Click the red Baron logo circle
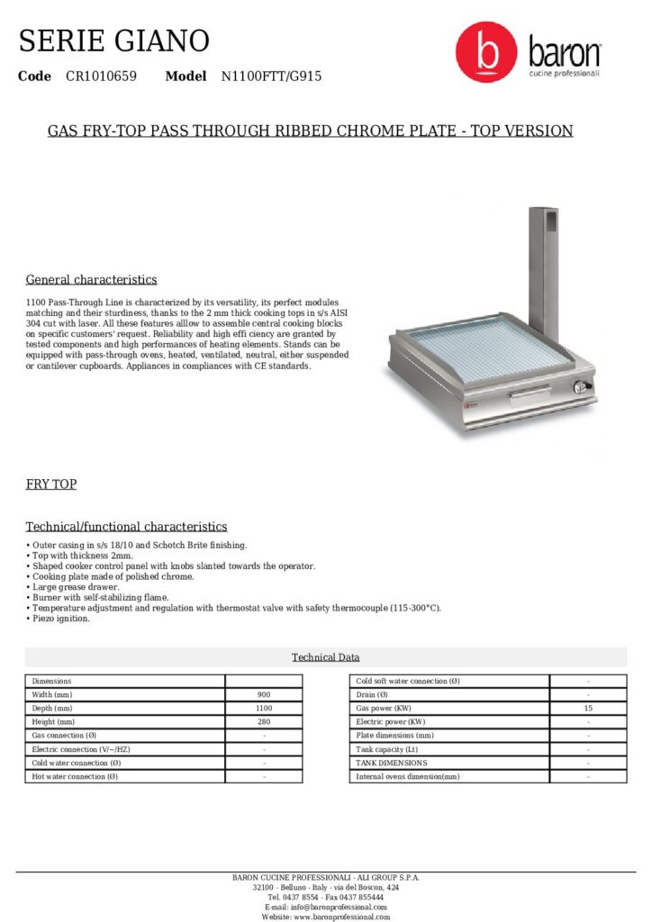[x=486, y=53]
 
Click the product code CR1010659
[x=101, y=77]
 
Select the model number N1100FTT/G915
[x=271, y=77]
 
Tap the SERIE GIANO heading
[x=114, y=41]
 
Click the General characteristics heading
[x=91, y=279]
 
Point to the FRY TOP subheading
[x=51, y=484]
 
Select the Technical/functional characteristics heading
[x=126, y=526]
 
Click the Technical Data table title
[x=325, y=657]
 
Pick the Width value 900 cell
[x=264, y=695]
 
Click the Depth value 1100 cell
[x=264, y=709]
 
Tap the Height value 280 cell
[x=264, y=722]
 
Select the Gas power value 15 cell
[x=588, y=709]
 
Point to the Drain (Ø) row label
[x=372, y=695]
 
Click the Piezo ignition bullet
[x=59, y=619]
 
